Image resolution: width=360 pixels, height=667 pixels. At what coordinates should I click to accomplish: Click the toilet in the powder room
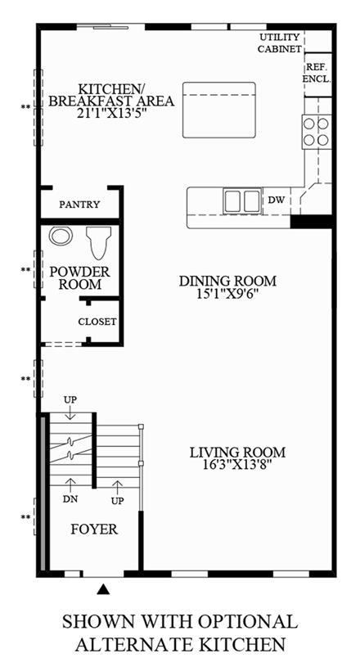click(x=99, y=242)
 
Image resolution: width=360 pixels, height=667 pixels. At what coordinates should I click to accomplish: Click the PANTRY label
click(x=79, y=204)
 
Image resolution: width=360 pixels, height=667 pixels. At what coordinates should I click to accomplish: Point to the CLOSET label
click(x=97, y=322)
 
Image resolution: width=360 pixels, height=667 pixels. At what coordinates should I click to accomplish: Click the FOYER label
click(x=94, y=530)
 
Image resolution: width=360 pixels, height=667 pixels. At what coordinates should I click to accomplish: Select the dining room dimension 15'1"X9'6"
click(x=227, y=294)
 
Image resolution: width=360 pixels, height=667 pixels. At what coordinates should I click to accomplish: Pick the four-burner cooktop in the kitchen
click(x=316, y=132)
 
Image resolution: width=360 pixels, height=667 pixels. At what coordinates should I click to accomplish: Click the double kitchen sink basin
click(x=243, y=201)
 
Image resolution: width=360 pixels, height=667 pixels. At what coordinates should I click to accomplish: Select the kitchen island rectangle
click(x=219, y=110)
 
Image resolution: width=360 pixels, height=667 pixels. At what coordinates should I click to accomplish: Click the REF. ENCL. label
click(x=318, y=73)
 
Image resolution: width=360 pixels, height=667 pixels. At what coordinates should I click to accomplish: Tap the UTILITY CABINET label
click(x=279, y=43)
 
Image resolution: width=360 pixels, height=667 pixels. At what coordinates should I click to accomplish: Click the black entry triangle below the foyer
click(x=103, y=589)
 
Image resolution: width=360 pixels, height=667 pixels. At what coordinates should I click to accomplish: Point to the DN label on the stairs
click(x=70, y=499)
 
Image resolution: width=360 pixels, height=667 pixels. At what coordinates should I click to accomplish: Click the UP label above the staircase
click(x=70, y=400)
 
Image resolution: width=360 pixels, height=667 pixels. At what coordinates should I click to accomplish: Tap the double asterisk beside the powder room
click(x=25, y=269)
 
